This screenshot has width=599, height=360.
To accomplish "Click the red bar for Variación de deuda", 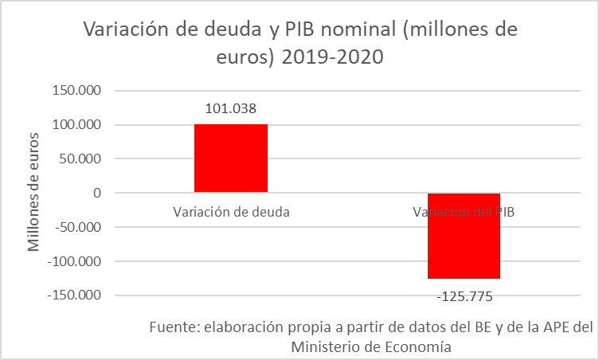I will coord(231,158).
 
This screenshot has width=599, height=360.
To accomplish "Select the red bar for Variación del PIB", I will coord(464,236).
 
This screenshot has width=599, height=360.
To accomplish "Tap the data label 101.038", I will coord(231,109).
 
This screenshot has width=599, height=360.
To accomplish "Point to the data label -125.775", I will coord(465,297).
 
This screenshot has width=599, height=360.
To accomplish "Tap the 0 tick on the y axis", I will coord(96,193).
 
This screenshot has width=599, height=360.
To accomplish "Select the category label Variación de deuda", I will coord(231,212).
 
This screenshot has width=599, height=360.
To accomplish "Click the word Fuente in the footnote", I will coord(173,327).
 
